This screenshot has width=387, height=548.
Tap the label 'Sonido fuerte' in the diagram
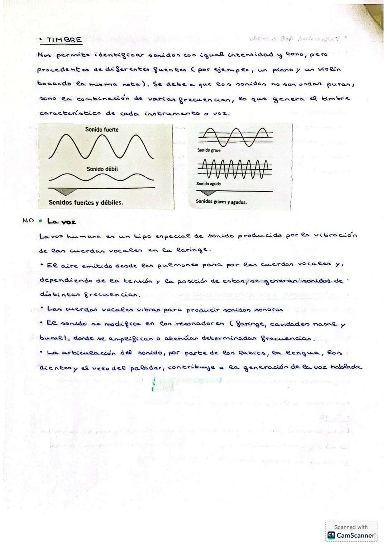tap(102, 129)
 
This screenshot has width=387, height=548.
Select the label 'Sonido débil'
tap(102, 169)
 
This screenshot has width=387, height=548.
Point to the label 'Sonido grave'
tap(209, 150)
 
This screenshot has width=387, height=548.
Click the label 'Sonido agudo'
tap(209, 184)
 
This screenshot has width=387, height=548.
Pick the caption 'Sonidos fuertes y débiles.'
tap(86, 202)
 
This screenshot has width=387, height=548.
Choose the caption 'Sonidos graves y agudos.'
tap(221, 202)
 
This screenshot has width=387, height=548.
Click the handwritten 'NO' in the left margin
tap(28, 221)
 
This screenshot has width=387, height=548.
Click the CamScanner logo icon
tap(331, 535)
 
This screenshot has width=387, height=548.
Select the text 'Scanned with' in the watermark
tap(351, 527)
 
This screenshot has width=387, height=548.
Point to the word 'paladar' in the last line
tap(145, 368)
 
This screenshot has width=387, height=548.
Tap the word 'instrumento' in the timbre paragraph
tap(172, 113)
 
